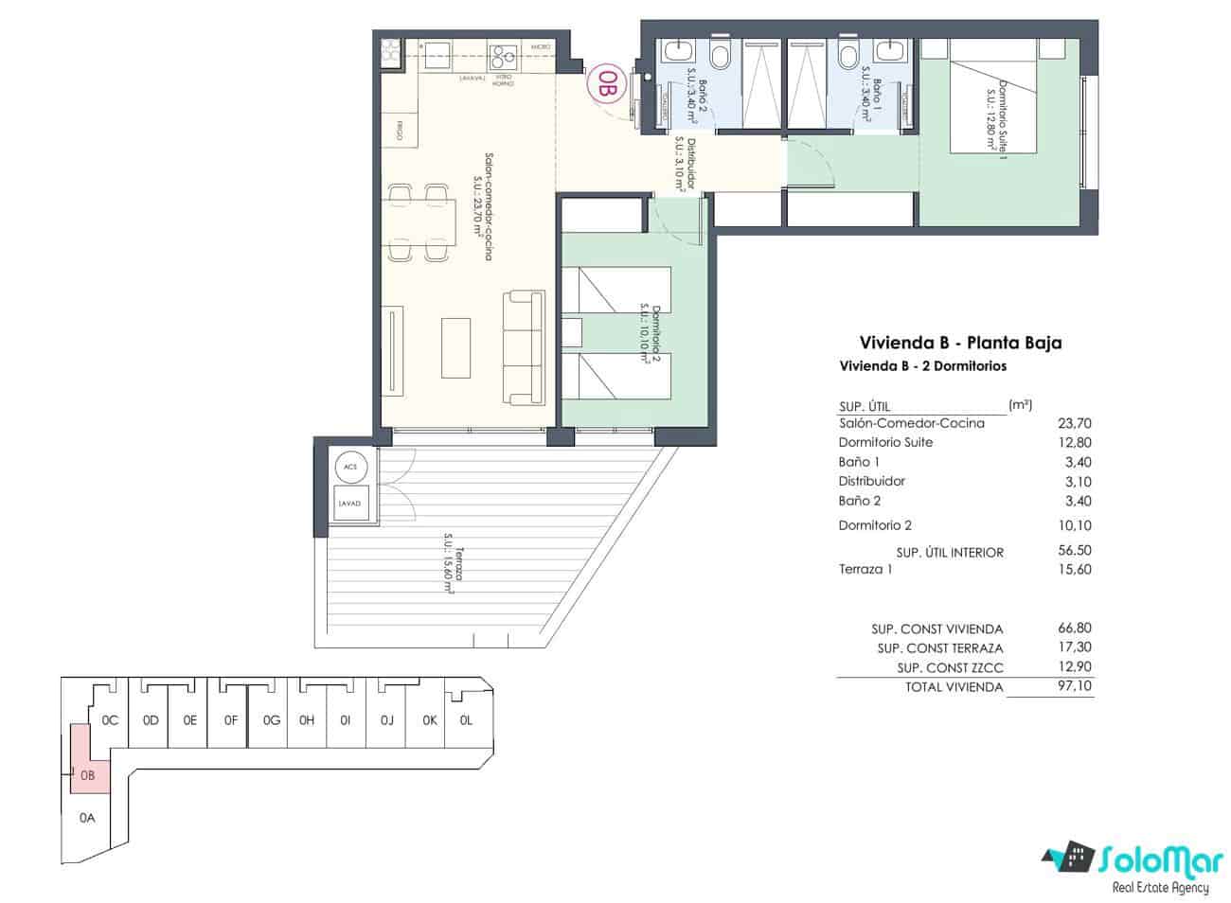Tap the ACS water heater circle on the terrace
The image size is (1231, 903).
(350, 468)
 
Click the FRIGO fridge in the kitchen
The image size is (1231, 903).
(395, 133)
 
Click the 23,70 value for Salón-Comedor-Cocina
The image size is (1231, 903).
(1074, 423)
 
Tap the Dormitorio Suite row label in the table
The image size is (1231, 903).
(885, 442)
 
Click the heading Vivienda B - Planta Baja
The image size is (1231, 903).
(959, 343)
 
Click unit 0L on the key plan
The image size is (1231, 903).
(466, 720)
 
